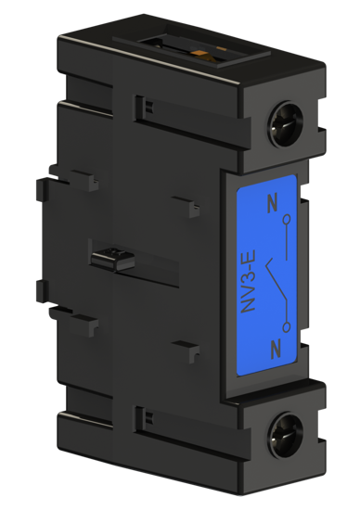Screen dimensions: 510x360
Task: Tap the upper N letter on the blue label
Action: click(x=272, y=201)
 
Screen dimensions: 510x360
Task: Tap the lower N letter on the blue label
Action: click(x=272, y=349)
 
